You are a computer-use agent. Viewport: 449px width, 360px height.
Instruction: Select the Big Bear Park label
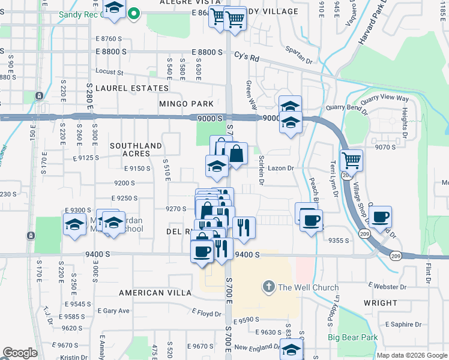tap(352, 337)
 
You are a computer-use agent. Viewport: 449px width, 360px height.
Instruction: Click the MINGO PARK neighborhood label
tap(186, 104)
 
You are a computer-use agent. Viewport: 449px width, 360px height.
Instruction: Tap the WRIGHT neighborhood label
tap(380, 303)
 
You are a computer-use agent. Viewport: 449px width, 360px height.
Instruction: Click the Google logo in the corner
tap(20, 353)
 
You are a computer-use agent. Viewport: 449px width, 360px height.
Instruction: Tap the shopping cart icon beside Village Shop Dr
tap(351, 160)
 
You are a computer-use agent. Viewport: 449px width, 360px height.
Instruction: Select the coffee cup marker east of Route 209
tap(379, 217)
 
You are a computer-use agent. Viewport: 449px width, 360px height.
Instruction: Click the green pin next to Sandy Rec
tap(136, 13)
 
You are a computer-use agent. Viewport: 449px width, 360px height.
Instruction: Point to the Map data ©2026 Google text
tap(411, 355)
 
